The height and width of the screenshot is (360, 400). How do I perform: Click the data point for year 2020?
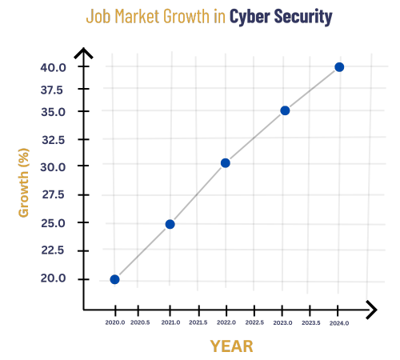coord(114,279)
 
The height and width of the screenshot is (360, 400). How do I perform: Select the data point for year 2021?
coord(170,224)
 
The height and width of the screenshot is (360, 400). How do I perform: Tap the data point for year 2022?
coord(226,163)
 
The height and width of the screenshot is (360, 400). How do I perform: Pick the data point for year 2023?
coord(285,110)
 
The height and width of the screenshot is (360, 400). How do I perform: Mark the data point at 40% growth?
coord(339,67)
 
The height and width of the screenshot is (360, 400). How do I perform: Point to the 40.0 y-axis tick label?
coord(53,67)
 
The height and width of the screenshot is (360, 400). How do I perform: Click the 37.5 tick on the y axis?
coord(53,90)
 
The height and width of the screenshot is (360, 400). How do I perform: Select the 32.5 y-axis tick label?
coord(53,140)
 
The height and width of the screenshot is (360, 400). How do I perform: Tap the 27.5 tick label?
coord(53,194)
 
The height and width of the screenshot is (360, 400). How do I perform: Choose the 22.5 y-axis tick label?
coord(53,250)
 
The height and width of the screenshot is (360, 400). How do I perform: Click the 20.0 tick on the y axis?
coord(53,278)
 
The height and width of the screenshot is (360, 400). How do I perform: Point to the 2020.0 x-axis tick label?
coord(114,322)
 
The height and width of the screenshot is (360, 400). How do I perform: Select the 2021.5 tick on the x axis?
coord(198,322)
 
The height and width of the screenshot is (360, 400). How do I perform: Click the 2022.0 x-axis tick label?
coord(226,322)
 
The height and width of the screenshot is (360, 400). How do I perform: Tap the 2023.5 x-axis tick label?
coord(311,322)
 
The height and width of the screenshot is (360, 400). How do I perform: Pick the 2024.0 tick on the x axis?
coord(339,322)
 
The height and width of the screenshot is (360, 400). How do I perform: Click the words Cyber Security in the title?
coord(281,17)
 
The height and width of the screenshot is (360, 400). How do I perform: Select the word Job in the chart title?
coord(98,17)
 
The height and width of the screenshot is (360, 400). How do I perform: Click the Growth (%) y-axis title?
coord(24,182)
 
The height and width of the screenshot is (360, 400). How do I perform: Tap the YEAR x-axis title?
coord(231,346)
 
